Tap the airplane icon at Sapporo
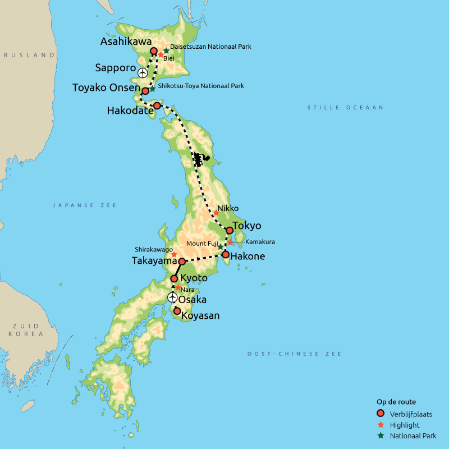coord(143,73)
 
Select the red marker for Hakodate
coord(157,106)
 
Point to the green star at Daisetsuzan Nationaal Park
coord(166,51)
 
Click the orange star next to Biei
coord(161,56)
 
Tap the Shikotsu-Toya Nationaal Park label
coord(201,86)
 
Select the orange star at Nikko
coord(216,213)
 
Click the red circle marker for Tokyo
coord(230,230)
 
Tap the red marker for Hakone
coord(226,254)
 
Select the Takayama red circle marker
coord(182,262)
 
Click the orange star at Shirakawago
coord(174,254)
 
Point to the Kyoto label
coord(194,278)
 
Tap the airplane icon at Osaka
coord(172,297)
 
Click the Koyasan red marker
coord(177,311)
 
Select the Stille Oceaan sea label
coord(345,107)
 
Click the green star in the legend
coord(381,436)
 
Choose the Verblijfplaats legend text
coord(411,414)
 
